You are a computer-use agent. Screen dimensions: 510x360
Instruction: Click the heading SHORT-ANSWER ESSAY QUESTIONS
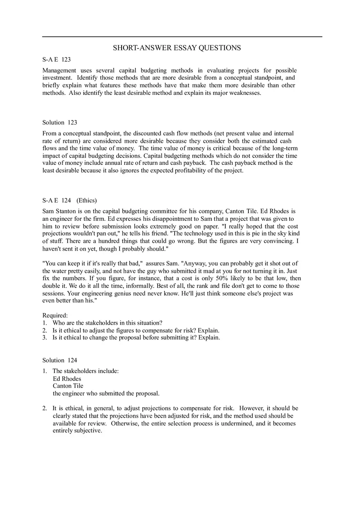(x=177, y=48)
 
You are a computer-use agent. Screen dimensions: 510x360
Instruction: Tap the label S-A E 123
(x=56, y=60)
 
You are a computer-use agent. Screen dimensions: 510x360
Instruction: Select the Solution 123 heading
(x=60, y=122)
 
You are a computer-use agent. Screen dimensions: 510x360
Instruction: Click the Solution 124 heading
(x=60, y=360)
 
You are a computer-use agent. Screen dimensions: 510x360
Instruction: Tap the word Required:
(x=55, y=315)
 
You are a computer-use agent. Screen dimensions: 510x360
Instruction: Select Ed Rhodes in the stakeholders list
(x=67, y=379)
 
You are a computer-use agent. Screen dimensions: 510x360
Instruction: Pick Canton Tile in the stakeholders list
(x=68, y=386)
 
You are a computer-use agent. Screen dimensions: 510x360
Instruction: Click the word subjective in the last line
(x=88, y=431)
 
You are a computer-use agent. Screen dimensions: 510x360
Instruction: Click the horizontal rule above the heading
(x=182, y=37)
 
